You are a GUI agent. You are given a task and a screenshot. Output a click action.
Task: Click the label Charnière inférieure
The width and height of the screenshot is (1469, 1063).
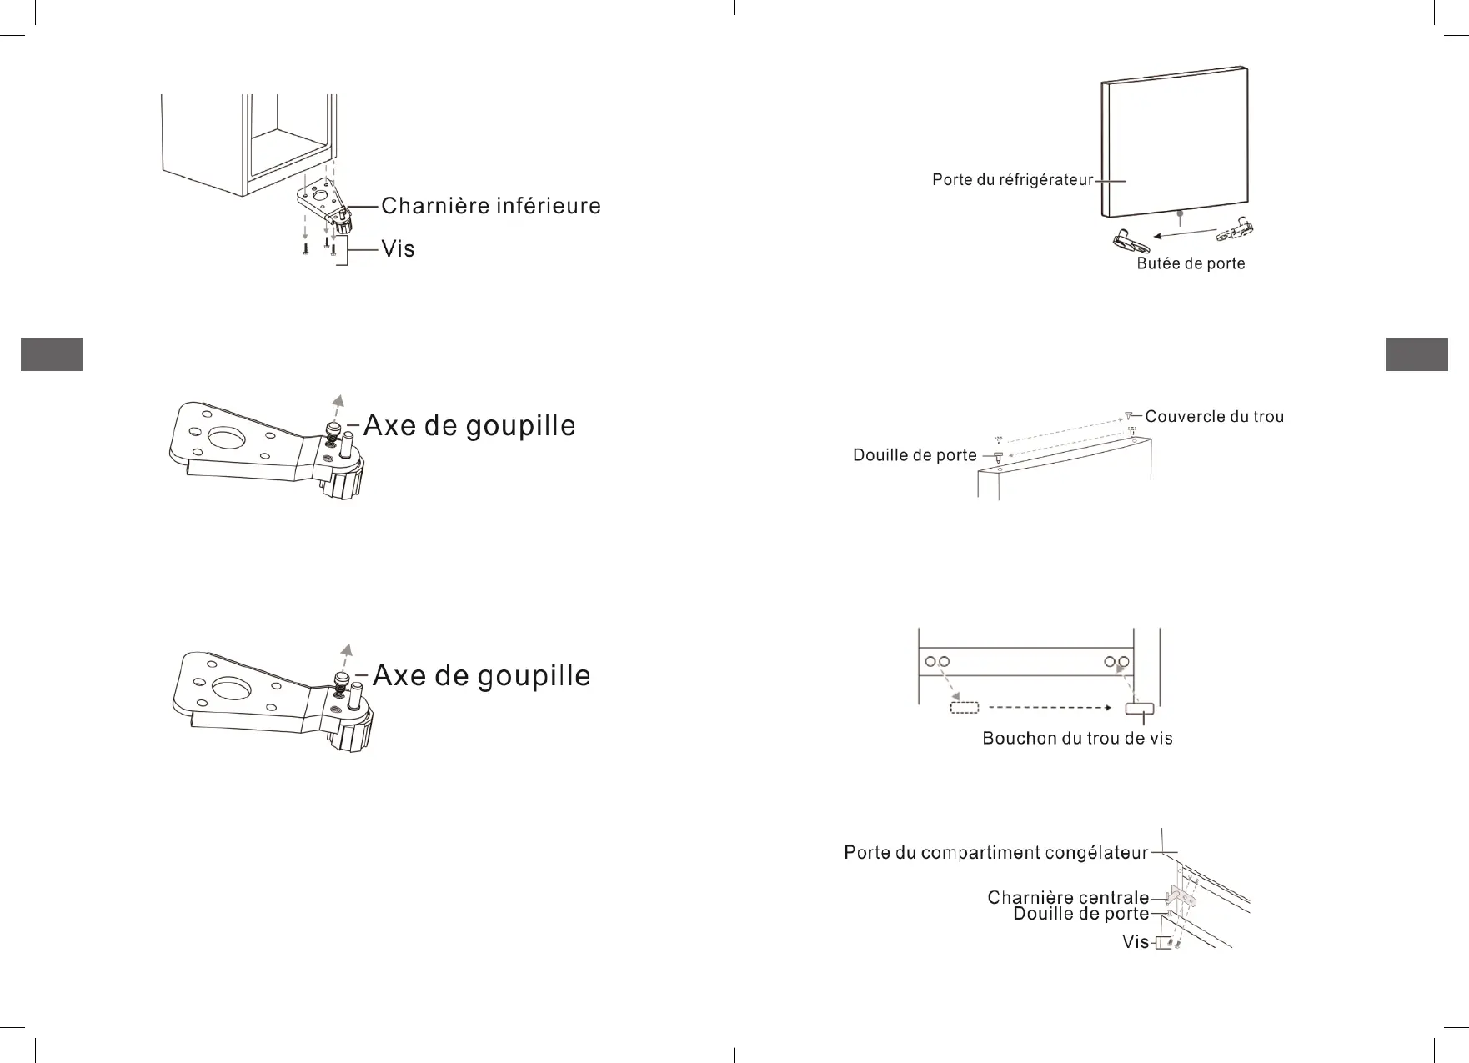490,206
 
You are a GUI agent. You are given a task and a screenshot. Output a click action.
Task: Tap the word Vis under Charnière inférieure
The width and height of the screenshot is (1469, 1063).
398,249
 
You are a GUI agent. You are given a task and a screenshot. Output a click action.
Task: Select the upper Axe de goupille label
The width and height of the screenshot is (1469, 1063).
469,426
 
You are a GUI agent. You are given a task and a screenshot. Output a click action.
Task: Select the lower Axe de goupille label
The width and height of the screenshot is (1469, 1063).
481,675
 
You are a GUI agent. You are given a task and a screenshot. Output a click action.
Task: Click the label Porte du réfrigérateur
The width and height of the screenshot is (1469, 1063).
1012,180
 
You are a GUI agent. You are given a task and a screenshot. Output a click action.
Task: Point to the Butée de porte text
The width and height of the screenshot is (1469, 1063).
1191,263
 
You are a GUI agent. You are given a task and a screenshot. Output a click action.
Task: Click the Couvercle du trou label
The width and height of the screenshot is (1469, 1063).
1214,416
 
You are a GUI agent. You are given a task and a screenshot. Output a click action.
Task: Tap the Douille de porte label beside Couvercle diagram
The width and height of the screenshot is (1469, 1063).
915,455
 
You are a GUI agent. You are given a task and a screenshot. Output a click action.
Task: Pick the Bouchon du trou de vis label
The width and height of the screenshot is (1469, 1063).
1077,739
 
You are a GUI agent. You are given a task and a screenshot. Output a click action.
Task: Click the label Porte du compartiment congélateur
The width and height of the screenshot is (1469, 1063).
996,853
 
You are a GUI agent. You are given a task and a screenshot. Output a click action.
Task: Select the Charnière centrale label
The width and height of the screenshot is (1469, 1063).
1068,898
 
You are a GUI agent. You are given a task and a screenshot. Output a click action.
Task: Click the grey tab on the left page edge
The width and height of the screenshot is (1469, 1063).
52,353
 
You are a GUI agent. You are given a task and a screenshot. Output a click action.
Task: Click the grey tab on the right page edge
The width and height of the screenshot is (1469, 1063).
1416,353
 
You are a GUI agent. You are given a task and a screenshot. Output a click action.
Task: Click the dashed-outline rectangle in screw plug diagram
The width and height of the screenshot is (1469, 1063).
964,708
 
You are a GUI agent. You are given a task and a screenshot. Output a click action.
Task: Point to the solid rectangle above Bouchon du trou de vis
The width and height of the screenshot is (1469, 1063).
1140,709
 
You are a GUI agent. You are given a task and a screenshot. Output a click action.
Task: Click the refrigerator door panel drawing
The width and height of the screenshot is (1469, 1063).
1176,142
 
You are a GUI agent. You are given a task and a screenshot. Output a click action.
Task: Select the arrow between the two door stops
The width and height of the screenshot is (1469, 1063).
1184,235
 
